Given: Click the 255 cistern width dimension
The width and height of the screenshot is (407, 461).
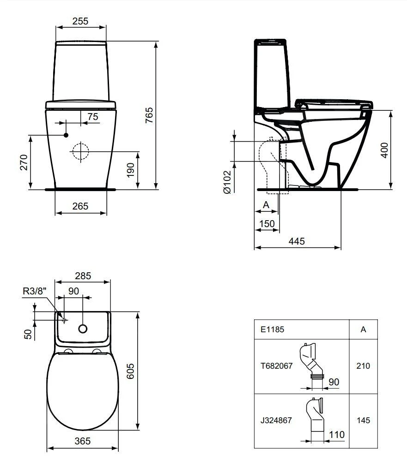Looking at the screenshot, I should pos(80,21).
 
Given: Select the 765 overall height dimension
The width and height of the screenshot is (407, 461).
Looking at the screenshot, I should pos(149,115).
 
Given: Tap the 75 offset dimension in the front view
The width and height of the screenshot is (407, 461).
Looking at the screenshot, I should pos(92,117).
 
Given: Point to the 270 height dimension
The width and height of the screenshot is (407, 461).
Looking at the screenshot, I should pos(24,162).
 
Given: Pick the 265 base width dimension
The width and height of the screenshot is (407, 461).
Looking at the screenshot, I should pos(80,206).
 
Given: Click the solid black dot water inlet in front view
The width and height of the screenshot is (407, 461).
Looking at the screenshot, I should pos(66,135).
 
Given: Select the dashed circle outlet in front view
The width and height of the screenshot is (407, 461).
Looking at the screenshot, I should pos(80,151).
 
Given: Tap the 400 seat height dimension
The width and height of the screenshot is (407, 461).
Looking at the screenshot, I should pos(384,150).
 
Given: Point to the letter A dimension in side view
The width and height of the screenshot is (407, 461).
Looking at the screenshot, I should pos(266,204).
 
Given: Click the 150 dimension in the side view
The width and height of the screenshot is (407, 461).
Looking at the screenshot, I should pos(266,224).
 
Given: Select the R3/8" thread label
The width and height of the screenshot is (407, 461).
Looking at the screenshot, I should pos(35,291).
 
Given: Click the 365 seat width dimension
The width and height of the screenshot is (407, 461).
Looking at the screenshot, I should pos(82,441).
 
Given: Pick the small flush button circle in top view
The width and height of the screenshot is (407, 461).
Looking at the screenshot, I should pos(83,329).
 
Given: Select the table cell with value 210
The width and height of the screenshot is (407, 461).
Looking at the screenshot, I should pos(363,366).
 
